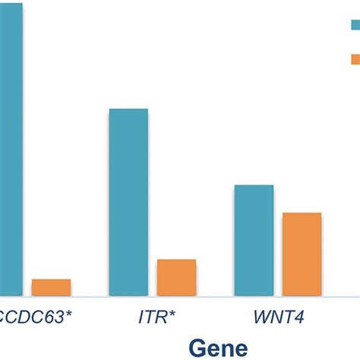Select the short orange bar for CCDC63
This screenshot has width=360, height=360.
click(51, 287)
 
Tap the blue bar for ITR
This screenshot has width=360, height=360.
click(128, 202)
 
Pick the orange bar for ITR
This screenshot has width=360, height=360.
click(176, 277)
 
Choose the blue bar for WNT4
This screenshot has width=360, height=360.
click(254, 240)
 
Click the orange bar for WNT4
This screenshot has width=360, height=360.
click(302, 254)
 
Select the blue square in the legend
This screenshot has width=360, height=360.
click(354, 24)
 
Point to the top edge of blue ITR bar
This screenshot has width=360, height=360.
click(128, 109)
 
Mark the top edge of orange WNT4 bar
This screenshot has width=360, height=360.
click(302, 213)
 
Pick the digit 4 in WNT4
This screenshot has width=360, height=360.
click(300, 317)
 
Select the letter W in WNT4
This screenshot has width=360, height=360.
click(261, 317)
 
